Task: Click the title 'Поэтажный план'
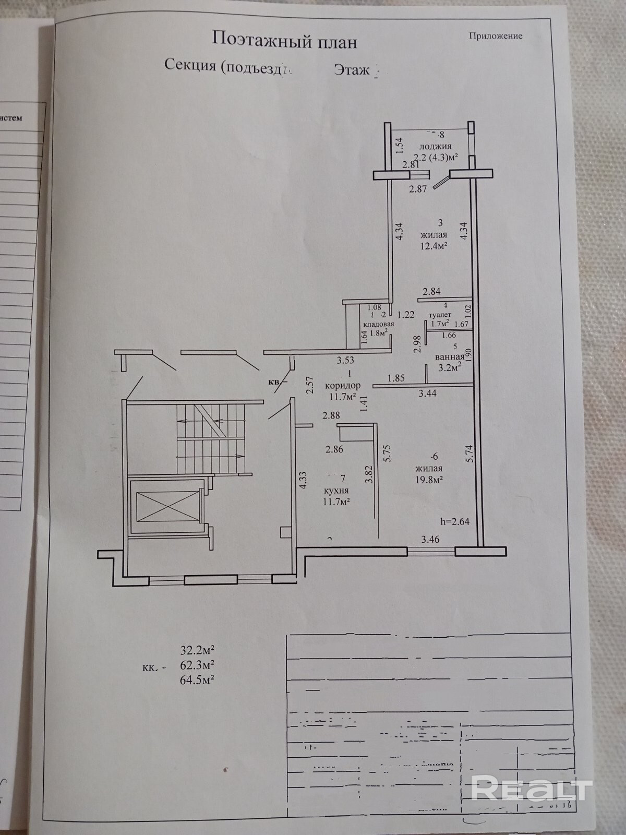pyautogui.click(x=284, y=40)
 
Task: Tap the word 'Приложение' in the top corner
pyautogui.click(x=495, y=36)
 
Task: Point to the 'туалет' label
pyautogui.click(x=439, y=315)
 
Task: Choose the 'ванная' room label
pyautogui.click(x=450, y=357)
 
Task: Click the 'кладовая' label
pyautogui.click(x=378, y=324)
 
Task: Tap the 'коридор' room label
pyautogui.click(x=342, y=386)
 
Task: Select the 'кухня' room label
pyautogui.click(x=335, y=491)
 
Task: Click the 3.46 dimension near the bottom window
pyautogui.click(x=430, y=540)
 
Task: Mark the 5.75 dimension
pyautogui.click(x=387, y=454)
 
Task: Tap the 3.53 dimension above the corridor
pyautogui.click(x=345, y=360)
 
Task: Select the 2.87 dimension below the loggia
pyautogui.click(x=418, y=189)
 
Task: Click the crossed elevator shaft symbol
pyautogui.click(x=165, y=505)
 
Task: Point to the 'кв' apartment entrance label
pyautogui.click(x=274, y=381)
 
